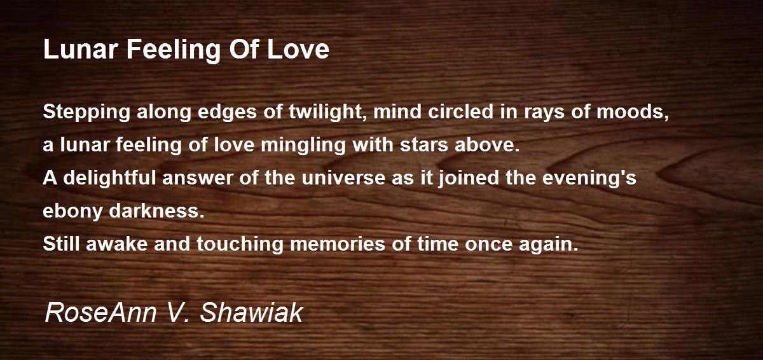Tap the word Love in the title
[298, 50]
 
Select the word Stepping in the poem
[86, 113]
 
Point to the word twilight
[328, 113]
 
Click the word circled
[460, 111]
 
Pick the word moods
[633, 112]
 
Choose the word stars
[423, 145]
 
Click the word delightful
[109, 179]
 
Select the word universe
[343, 178]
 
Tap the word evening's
[589, 179]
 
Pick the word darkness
[156, 211]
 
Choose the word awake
[116, 244]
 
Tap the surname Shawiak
[251, 312]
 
